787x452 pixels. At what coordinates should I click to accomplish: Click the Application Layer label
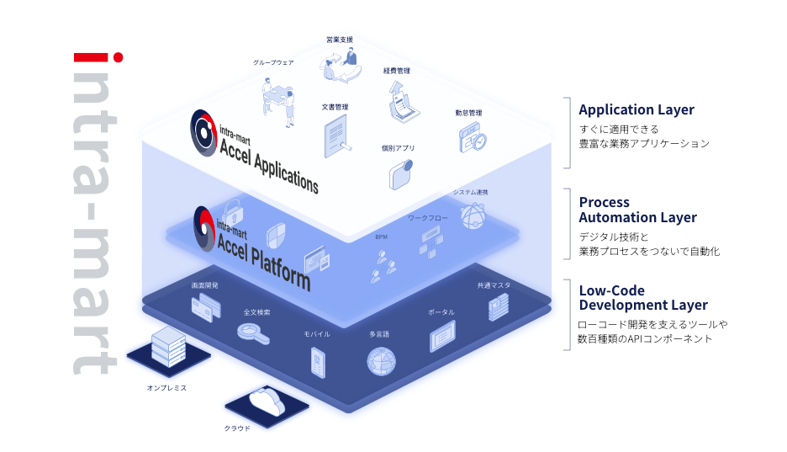[636, 109]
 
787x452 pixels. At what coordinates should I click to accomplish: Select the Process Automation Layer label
[637, 210]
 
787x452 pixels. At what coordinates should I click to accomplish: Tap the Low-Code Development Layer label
[642, 298]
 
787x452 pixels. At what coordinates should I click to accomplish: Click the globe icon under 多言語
[380, 360]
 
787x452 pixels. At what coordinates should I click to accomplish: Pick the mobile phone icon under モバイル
[317, 361]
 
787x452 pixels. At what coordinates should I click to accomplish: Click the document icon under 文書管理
[335, 135]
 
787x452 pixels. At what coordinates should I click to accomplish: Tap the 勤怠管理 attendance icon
[472, 137]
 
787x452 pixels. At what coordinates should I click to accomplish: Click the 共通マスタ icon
[498, 307]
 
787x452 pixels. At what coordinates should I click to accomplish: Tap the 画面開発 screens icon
[204, 310]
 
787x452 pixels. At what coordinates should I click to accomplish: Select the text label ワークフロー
[428, 218]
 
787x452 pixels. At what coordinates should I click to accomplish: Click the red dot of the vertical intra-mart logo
[119, 58]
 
